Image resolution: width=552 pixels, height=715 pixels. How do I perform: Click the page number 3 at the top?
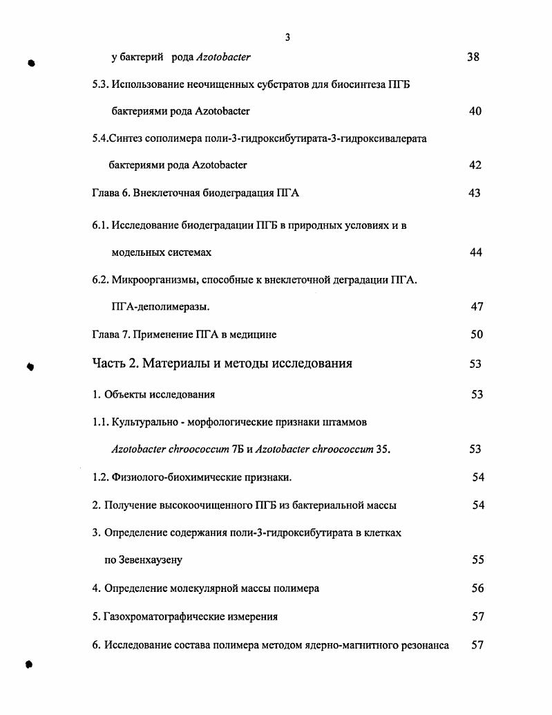tap(287, 37)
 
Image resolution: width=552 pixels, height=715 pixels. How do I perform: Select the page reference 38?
tap(473, 57)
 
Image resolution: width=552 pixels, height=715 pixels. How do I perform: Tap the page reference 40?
tap(475, 111)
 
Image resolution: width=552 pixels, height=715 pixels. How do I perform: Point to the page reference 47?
tap(477, 307)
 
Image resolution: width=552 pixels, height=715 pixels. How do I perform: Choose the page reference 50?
tap(476, 335)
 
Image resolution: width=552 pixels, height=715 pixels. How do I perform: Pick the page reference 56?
tap(477, 589)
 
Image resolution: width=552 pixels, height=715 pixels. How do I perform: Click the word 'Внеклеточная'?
tap(164, 194)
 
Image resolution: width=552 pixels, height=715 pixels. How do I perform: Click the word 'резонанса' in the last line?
tap(424, 645)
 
